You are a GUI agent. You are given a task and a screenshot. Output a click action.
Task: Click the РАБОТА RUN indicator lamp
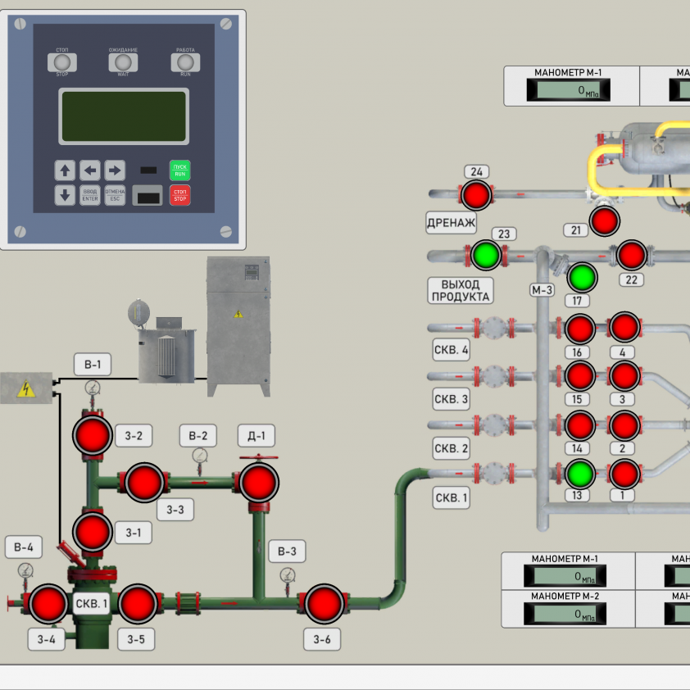pos(185,62)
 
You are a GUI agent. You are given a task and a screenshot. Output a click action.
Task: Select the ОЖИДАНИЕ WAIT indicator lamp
pos(123,62)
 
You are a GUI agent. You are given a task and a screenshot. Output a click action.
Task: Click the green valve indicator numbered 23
pos(486,255)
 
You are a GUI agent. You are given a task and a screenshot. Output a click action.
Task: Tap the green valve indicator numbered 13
pos(579,474)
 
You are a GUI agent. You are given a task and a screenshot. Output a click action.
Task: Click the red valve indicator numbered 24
pos(475,195)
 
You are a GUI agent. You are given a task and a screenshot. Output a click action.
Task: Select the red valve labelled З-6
pos(324,604)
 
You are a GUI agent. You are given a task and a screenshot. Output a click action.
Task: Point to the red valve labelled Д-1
pos(258,482)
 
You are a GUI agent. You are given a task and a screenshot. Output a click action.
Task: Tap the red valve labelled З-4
pos(48,604)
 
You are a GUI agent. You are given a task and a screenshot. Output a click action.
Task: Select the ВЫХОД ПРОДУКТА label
pos(461,290)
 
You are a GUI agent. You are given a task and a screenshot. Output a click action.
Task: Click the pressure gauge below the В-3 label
pos(288,575)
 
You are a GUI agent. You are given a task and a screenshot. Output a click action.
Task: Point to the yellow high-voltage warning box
pos(25,388)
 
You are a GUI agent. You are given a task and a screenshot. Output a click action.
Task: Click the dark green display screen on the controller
pos(124,117)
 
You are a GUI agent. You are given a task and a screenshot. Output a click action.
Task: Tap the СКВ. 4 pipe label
pos(452,351)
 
